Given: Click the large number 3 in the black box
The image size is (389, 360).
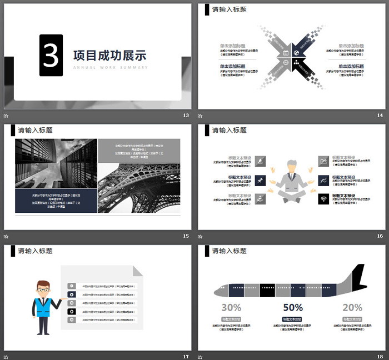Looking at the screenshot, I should [51, 55].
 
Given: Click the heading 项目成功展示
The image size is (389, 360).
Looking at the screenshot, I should [109, 56].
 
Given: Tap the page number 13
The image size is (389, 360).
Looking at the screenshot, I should [186, 115].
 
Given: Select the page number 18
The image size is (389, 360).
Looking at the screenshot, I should [380, 356].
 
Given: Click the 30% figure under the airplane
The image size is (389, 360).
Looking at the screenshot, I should [231, 307].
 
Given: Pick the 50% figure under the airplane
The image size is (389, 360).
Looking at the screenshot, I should [292, 307].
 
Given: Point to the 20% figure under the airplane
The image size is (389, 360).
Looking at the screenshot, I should [352, 307].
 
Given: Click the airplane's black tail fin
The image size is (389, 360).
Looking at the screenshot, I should [359, 277].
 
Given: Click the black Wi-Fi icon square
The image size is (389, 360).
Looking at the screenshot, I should [323, 198].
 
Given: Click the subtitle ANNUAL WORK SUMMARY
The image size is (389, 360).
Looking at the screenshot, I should [111, 68].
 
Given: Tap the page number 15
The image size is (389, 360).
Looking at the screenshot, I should [186, 236].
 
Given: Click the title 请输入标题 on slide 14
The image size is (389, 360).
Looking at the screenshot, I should [230, 9].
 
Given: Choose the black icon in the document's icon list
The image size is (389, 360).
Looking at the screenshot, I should [72, 312].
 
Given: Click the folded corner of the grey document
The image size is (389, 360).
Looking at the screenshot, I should [138, 271].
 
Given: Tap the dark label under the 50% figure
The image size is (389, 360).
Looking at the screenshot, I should [292, 319].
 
